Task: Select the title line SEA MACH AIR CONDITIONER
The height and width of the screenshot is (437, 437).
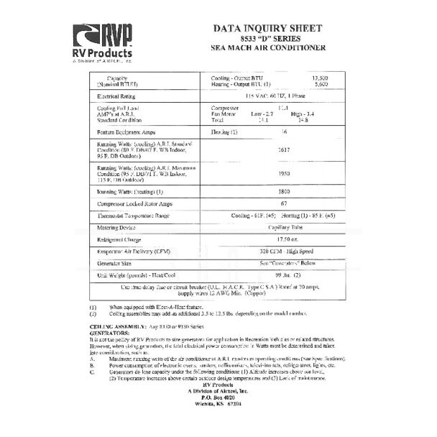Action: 269,48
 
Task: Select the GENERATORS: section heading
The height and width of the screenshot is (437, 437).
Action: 109,333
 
